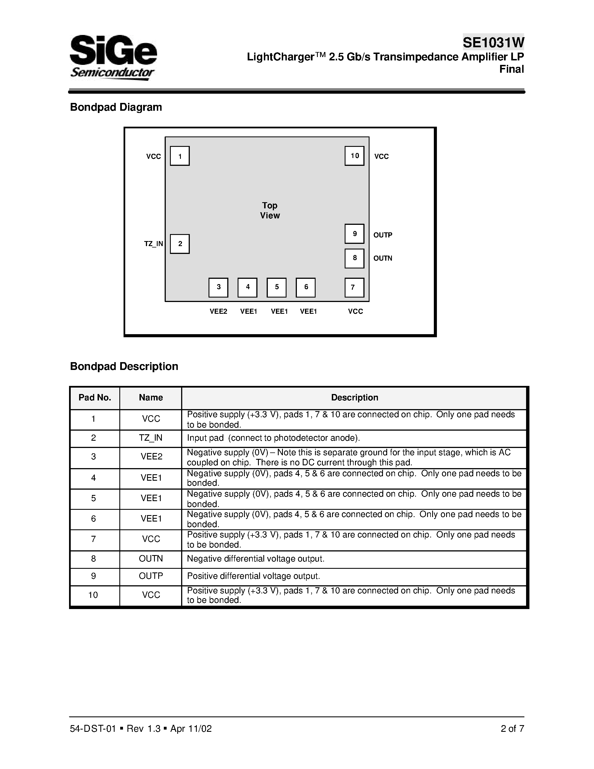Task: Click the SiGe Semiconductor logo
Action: (113, 57)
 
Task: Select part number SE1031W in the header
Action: (493, 43)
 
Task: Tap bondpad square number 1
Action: (180, 156)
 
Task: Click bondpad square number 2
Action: (180, 244)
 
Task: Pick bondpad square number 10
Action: (354, 156)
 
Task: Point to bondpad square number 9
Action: (354, 234)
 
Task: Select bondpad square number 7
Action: (354, 287)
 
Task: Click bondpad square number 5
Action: (276, 287)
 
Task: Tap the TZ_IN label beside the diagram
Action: (153, 244)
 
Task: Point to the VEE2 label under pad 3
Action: (218, 311)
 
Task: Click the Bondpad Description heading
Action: (124, 366)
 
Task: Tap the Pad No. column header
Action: (95, 398)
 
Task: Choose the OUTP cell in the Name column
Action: (151, 576)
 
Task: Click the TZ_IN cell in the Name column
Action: (151, 438)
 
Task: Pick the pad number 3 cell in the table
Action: (93, 457)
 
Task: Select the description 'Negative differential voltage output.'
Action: (255, 558)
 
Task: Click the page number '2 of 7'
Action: (512, 728)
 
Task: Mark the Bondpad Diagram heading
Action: (116, 107)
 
